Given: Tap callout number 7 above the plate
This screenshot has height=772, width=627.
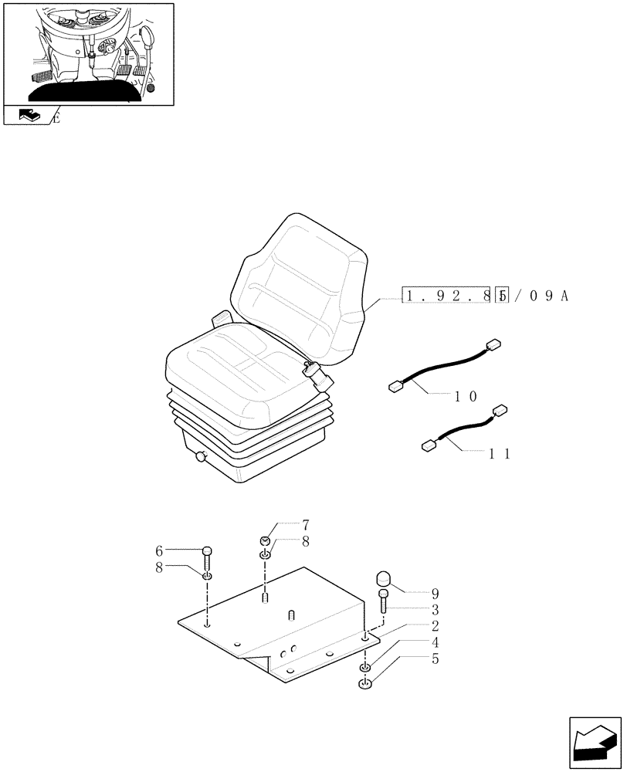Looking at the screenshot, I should pos(283,525).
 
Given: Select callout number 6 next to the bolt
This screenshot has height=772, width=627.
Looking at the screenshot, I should pos(159,550).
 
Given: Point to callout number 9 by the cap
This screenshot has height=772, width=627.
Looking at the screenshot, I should pos(435,594).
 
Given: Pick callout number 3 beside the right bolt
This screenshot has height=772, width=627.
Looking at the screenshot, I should pos(435,610).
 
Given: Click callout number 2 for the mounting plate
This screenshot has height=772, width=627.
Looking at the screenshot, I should pos(435,626).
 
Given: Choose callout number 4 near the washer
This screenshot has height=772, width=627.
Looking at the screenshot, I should pos(435,642).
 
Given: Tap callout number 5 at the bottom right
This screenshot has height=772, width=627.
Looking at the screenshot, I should pos(435,659).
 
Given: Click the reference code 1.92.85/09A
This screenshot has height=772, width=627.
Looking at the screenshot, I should pos(484,295).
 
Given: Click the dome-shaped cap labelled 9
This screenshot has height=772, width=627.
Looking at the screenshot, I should pos(385,578).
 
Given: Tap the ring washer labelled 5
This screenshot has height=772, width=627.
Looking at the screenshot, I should pos(366,682).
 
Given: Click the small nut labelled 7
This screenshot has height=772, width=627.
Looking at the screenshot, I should pos(265,541).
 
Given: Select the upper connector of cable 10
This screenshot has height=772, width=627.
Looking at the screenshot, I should pos(491,347).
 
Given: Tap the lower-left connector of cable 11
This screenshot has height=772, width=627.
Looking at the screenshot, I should pos(428,445).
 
